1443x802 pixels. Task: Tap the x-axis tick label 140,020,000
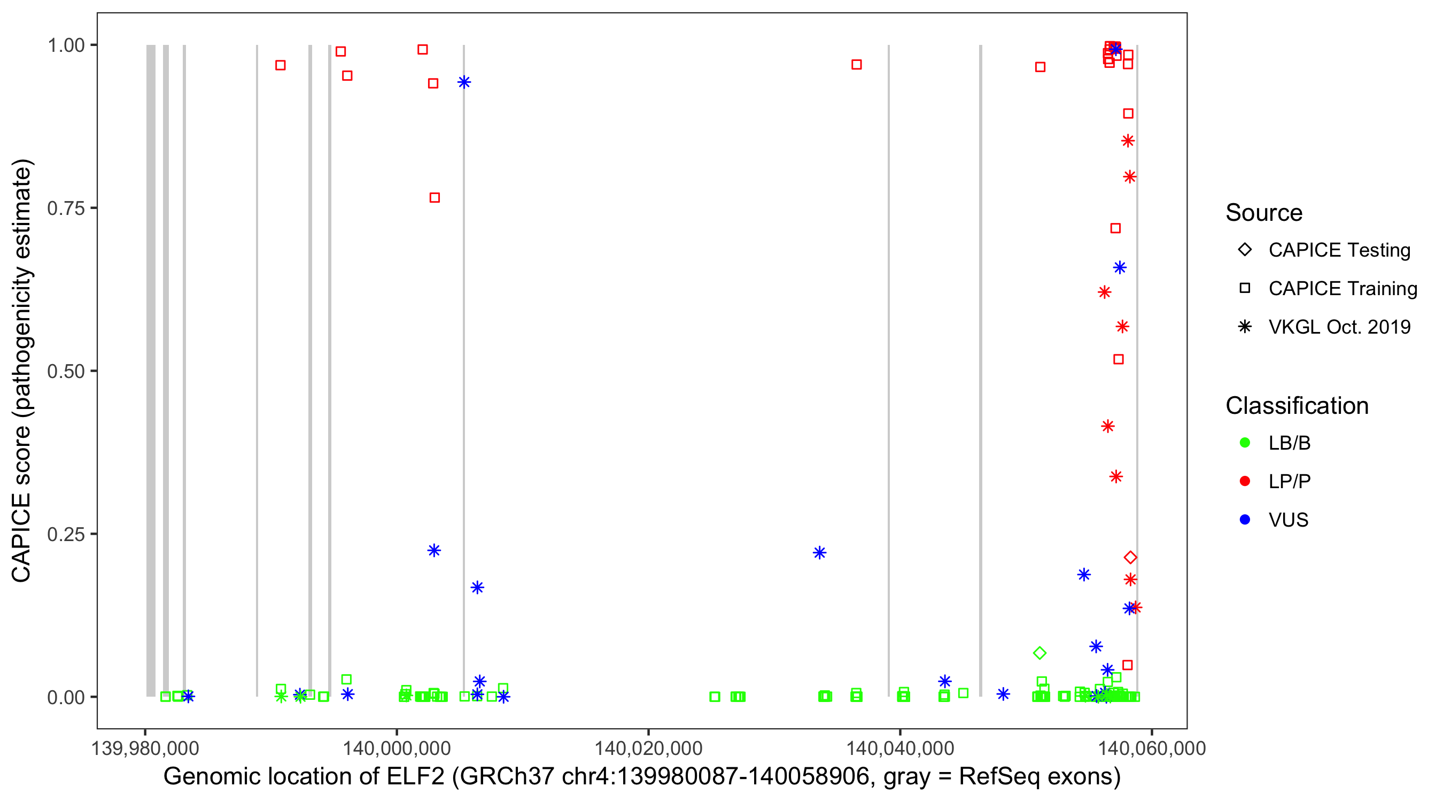pos(648,747)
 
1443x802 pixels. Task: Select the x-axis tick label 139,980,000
pos(145,747)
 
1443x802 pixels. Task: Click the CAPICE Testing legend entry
pos(1339,250)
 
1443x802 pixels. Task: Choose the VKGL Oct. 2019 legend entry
pos(1339,327)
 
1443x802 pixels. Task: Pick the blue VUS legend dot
pos(1245,520)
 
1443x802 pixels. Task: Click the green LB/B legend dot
pos(1245,443)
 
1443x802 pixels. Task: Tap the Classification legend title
pos(1297,405)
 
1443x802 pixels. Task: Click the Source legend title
pos(1264,212)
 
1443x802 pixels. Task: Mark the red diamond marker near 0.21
pos(1130,557)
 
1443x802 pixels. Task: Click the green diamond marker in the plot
pos(1039,653)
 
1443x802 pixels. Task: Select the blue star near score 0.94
pos(464,82)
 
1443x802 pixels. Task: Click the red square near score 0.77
pos(434,197)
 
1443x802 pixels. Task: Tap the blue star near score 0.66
pos(1119,267)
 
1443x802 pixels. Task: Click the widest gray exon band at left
pos(151,370)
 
